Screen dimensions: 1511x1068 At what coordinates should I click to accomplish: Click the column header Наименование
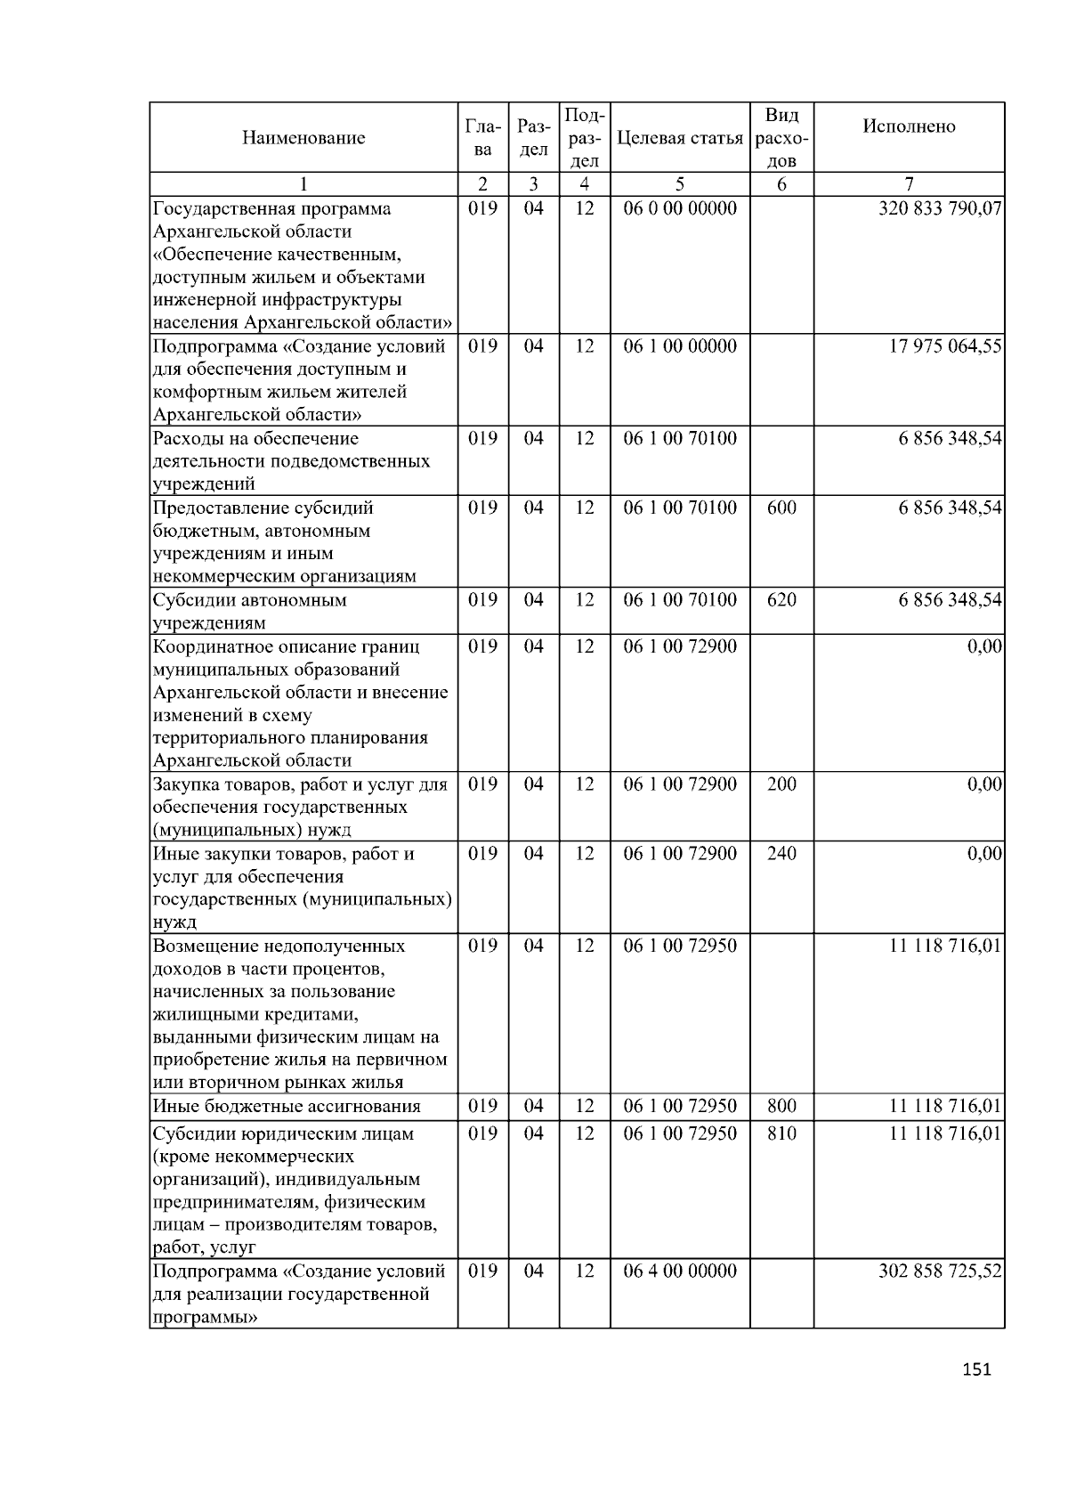pos(303,138)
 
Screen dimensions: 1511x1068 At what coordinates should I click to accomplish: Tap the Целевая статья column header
pos(680,138)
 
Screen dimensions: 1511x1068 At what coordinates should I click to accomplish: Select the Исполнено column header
pos(909,126)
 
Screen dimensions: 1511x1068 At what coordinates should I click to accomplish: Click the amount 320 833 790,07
pos(940,209)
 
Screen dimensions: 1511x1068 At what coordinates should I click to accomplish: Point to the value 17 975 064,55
pos(945,346)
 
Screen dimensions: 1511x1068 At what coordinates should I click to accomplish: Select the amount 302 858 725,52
pos(940,1271)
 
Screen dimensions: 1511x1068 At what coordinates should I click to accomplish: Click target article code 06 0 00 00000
pos(680,209)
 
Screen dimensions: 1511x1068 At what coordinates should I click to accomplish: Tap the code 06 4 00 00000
pos(680,1271)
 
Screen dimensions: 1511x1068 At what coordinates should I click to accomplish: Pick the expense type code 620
pos(781,600)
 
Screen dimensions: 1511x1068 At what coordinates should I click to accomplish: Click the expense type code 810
pos(781,1133)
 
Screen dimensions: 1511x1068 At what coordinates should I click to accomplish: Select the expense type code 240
pos(781,854)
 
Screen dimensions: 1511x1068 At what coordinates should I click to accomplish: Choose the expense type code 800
pos(781,1107)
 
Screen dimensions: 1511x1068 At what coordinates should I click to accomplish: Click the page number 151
pos(976,1369)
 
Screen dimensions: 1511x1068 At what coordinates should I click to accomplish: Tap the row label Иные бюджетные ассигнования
pos(287,1107)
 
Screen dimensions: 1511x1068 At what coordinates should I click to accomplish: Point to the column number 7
pos(909,184)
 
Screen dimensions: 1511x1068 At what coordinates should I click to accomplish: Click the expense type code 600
pos(781,508)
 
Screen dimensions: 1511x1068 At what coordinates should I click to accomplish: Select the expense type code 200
pos(781,784)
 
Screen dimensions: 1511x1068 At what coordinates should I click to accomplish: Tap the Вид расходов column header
pos(781,138)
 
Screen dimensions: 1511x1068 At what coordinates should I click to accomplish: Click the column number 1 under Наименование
pos(303,184)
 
